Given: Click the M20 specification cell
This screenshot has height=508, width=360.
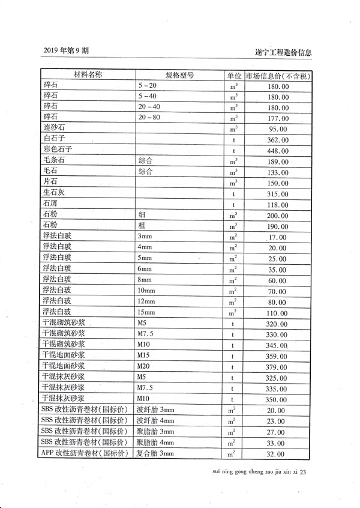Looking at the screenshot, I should click(145, 366).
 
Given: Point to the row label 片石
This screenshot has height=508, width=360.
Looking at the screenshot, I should click(50, 183).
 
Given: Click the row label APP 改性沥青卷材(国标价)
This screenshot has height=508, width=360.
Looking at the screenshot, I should click(85, 453).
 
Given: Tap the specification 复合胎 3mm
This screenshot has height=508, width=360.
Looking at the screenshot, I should click(155, 453).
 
